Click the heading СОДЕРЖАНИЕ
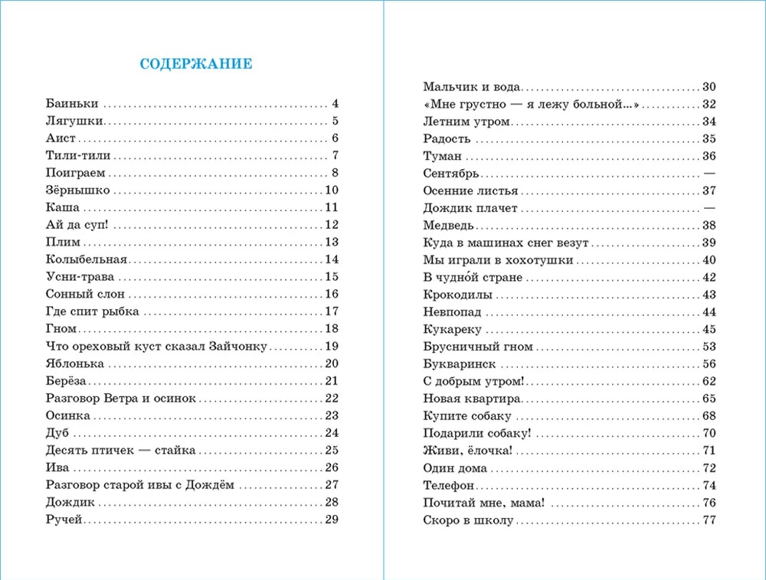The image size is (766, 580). point(195,64)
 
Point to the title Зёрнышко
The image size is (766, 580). point(78,190)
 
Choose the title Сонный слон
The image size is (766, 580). point(85,294)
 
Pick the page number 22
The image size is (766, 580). point(332,398)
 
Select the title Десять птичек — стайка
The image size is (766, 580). point(111,450)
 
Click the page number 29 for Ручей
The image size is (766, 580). point(332,520)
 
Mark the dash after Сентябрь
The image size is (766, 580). point(709,174)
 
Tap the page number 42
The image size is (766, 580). point(709,277)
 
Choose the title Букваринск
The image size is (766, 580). point(460,363)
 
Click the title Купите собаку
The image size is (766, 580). point(467,415)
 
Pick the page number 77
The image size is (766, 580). point(709,520)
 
